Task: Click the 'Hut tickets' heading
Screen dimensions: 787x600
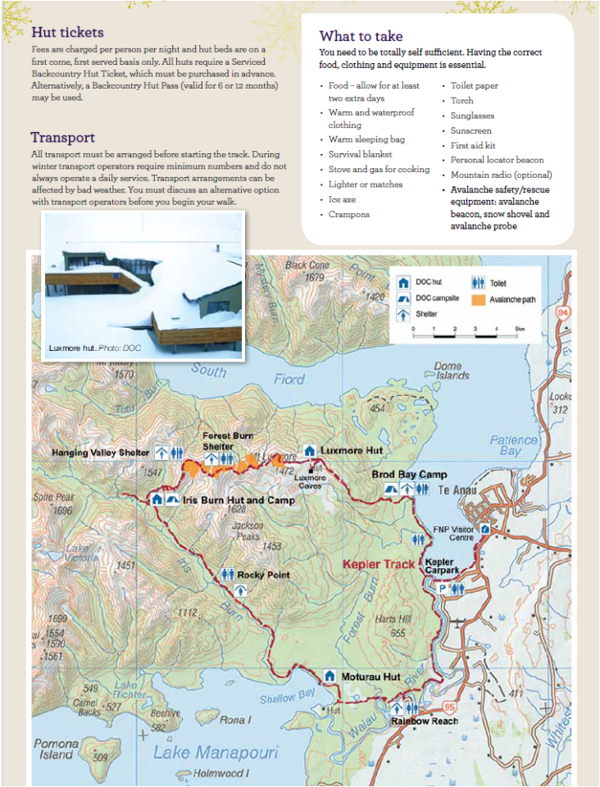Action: pyautogui.click(x=67, y=33)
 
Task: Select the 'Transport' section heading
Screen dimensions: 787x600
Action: pyautogui.click(x=63, y=137)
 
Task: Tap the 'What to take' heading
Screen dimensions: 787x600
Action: pyautogui.click(x=361, y=36)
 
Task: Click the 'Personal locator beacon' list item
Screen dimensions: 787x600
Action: pyautogui.click(x=497, y=160)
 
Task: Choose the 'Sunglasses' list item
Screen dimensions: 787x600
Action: pyautogui.click(x=470, y=116)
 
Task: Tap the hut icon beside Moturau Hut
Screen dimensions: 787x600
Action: pyautogui.click(x=330, y=676)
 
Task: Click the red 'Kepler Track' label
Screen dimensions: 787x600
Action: pyautogui.click(x=379, y=564)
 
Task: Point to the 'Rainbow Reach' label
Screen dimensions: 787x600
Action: pyautogui.click(x=424, y=721)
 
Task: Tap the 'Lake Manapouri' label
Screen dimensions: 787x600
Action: pyautogui.click(x=216, y=753)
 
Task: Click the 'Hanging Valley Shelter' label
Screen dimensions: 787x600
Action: pyautogui.click(x=100, y=453)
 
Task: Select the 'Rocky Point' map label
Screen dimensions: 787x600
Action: pyautogui.click(x=263, y=575)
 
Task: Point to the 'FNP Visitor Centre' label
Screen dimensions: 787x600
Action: pyautogui.click(x=453, y=534)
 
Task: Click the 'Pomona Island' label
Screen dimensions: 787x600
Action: pyautogui.click(x=56, y=749)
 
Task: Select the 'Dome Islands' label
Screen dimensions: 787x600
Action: pyautogui.click(x=453, y=371)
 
